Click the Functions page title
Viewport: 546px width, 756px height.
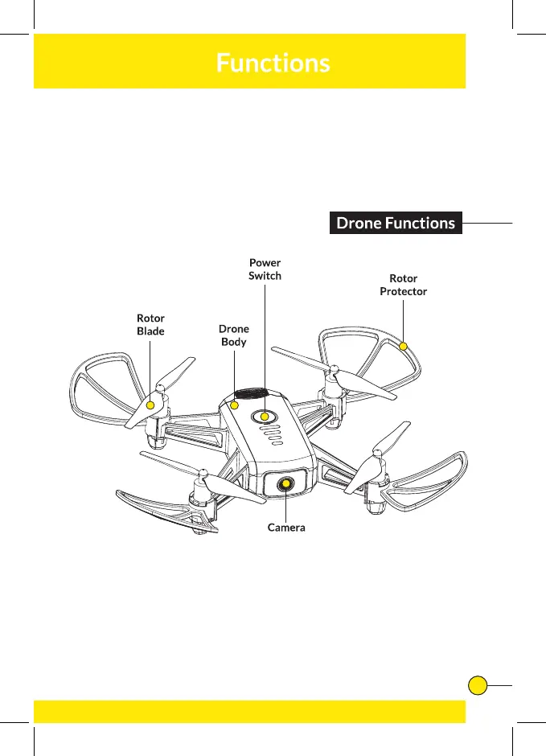[x=273, y=63]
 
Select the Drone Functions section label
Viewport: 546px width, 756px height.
[x=396, y=223]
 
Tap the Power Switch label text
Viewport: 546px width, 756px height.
[x=265, y=269]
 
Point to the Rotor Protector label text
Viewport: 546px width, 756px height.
[x=403, y=285]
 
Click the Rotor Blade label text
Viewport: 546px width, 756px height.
[x=150, y=325]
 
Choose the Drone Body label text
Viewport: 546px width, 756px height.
[x=234, y=335]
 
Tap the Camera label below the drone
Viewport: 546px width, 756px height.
[x=286, y=528]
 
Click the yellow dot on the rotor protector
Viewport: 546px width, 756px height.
[x=403, y=346]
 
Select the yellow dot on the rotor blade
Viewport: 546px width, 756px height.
[x=150, y=405]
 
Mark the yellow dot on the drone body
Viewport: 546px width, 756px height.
[x=235, y=405]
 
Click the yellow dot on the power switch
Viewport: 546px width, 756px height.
[x=265, y=417]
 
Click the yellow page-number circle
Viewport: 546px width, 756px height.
[x=478, y=685]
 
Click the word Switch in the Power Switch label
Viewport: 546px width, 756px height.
[x=265, y=276]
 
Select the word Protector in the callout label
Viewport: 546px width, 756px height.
[x=403, y=291]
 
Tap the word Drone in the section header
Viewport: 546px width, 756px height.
[x=359, y=223]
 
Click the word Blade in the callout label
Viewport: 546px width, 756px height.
[x=150, y=331]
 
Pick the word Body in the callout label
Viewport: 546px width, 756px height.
[x=234, y=342]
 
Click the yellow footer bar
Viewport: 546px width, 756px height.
[x=249, y=711]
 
